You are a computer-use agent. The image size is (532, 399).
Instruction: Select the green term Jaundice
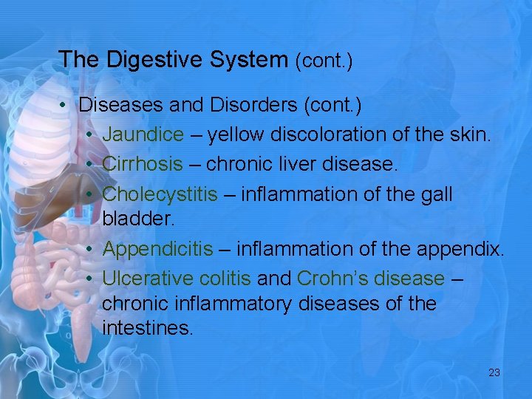coord(143,134)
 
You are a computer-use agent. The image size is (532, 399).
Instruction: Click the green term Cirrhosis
coord(142,164)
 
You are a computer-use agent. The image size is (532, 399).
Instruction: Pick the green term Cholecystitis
coord(160,194)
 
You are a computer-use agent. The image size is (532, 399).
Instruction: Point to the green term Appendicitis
coord(157,249)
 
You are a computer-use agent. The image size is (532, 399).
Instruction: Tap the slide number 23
coord(494,372)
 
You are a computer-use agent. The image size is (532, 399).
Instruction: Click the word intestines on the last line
coord(147,328)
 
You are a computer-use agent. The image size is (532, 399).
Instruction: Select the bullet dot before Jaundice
coord(87,135)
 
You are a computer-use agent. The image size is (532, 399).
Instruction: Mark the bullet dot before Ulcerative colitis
coord(87,279)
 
